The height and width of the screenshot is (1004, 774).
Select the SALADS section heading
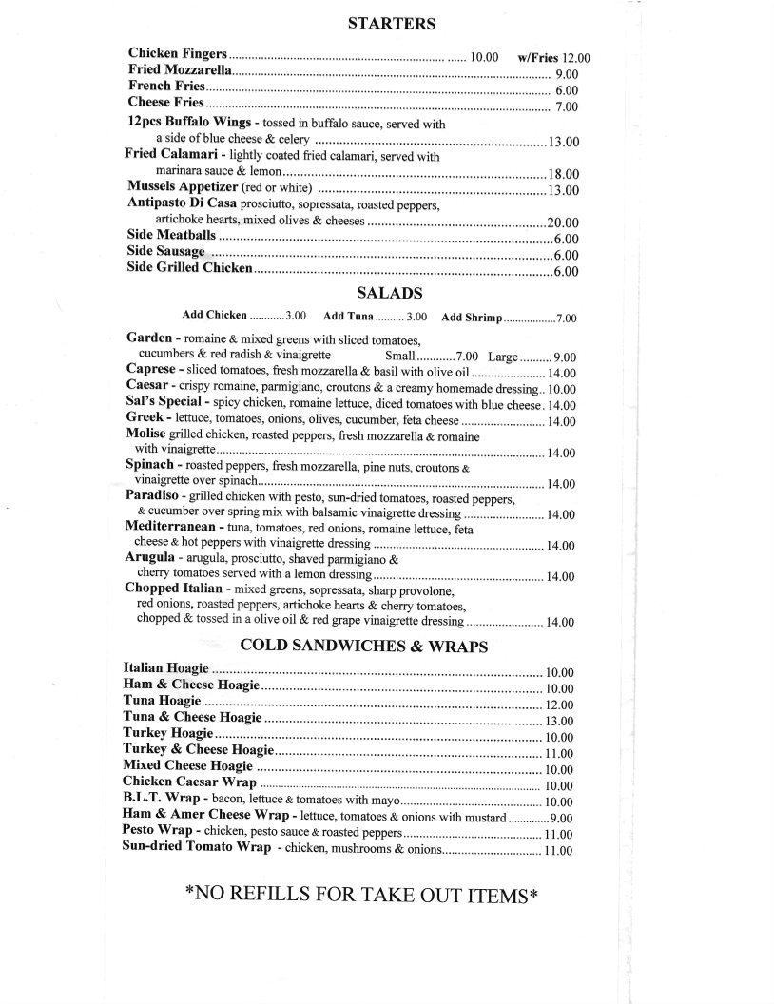(390, 293)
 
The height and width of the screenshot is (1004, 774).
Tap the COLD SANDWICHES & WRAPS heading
(364, 647)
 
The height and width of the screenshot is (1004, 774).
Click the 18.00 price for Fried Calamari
(564, 174)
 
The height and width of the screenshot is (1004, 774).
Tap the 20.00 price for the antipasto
(564, 222)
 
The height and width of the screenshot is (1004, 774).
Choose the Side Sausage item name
(166, 251)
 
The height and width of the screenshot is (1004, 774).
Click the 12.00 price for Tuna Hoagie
(558, 705)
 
